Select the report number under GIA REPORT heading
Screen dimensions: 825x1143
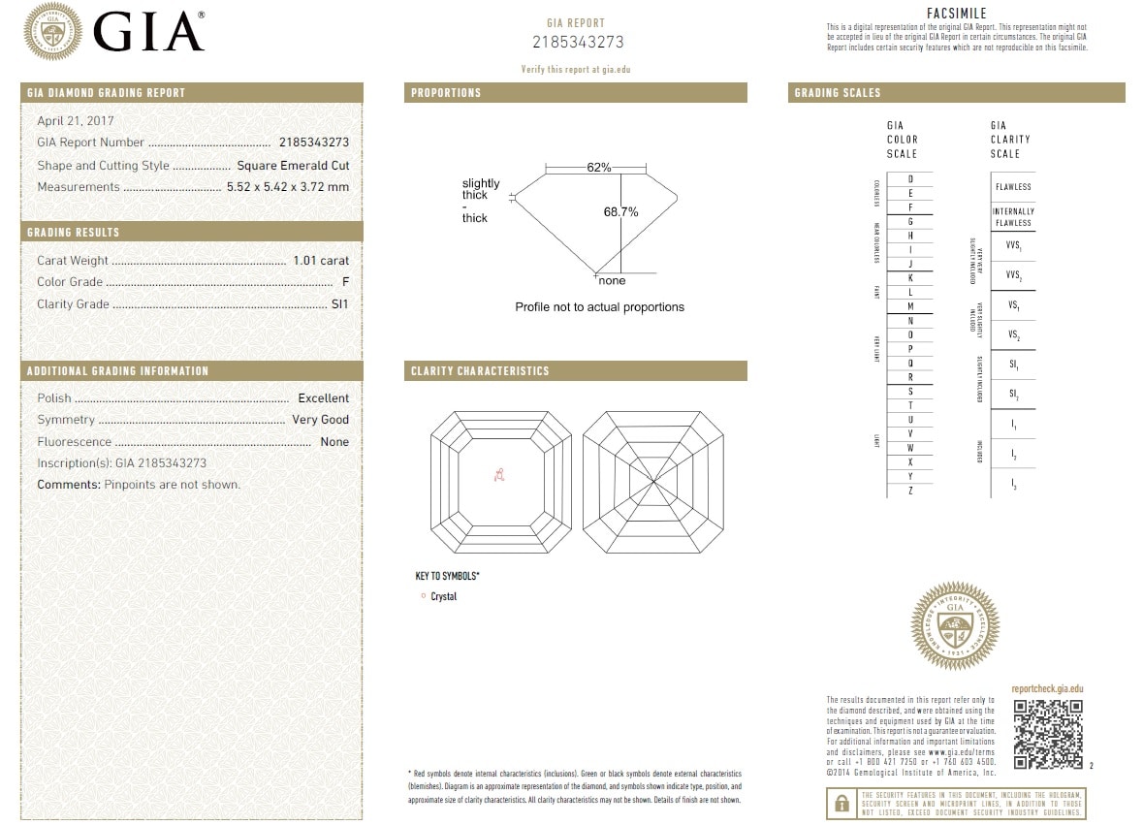point(578,43)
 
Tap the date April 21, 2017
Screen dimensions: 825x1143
point(76,121)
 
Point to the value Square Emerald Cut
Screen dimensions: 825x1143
point(293,166)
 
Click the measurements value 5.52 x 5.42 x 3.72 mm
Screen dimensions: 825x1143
point(288,187)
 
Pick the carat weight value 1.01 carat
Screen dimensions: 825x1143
point(321,261)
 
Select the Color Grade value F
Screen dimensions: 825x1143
point(345,282)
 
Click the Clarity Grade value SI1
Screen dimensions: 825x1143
point(339,304)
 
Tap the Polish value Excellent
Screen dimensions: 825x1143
point(323,398)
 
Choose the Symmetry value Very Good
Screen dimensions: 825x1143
point(320,420)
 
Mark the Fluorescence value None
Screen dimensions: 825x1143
point(334,442)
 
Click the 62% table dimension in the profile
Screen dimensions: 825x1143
point(599,168)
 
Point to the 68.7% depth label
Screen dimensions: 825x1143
point(620,212)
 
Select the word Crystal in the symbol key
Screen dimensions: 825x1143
point(443,597)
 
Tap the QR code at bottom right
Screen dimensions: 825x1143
point(1048,734)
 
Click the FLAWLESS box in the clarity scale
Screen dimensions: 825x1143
point(1013,187)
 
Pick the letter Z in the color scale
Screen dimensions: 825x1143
point(910,491)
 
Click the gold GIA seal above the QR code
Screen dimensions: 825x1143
point(955,626)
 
